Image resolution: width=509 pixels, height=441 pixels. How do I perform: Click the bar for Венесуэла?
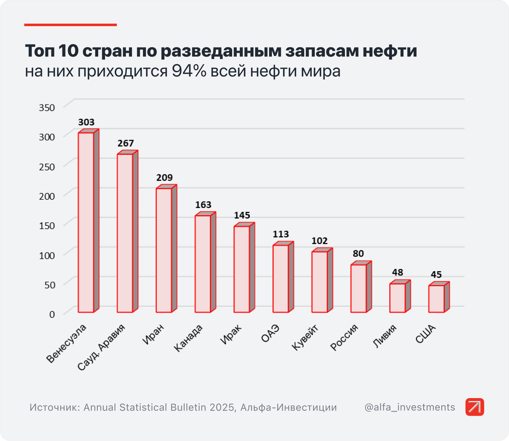click(x=86, y=222)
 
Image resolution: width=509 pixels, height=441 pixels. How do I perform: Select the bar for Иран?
click(x=164, y=250)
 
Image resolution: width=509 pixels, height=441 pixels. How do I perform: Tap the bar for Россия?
click(x=358, y=288)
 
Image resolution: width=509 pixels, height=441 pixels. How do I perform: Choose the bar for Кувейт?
click(x=320, y=282)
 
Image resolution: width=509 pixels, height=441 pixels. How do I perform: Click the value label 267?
click(x=126, y=143)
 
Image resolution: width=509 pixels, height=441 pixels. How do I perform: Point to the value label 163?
click(x=203, y=205)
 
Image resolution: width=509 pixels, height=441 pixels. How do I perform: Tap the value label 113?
click(x=281, y=234)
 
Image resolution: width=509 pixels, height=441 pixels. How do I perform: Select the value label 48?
click(x=397, y=272)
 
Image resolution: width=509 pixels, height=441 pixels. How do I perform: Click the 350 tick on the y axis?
click(x=47, y=108)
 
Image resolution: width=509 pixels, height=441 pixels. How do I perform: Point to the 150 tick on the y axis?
click(x=47, y=226)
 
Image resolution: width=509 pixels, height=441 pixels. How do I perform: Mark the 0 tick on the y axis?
click(x=52, y=315)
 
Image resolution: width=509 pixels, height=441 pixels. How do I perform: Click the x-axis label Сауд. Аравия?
click(x=102, y=347)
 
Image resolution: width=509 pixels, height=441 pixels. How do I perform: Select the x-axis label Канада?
click(x=189, y=338)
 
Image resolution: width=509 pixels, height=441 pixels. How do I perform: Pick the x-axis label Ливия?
click(x=385, y=336)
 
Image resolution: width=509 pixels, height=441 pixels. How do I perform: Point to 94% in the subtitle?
click(x=189, y=71)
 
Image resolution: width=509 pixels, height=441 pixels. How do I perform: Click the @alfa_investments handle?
click(x=409, y=407)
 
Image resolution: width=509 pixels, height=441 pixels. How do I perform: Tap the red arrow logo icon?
click(x=475, y=407)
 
